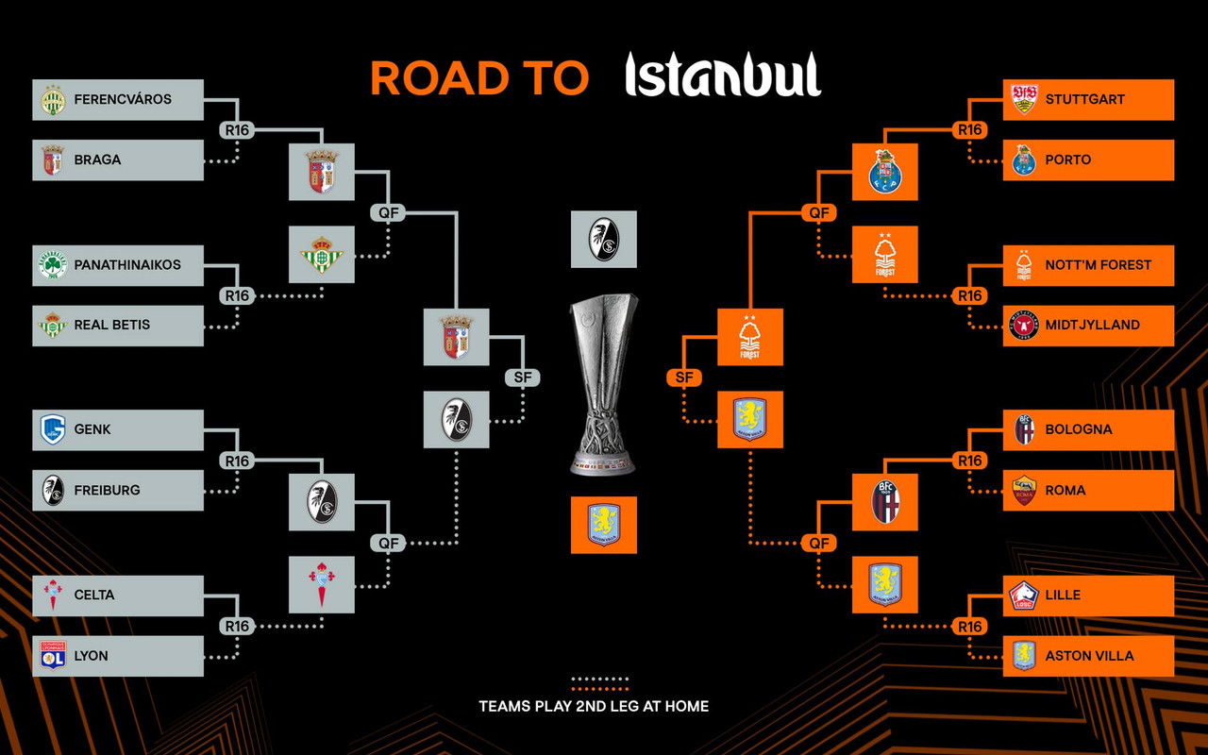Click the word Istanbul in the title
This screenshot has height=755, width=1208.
723,75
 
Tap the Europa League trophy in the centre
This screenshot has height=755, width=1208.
603,384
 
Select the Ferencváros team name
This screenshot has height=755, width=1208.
123,99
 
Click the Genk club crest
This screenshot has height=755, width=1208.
53,429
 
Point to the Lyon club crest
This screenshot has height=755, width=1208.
53,656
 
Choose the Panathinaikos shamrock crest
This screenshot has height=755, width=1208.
53,265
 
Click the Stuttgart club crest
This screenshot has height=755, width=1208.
1024,99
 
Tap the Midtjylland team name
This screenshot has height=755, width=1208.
1092,326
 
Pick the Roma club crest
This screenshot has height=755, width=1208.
1024,490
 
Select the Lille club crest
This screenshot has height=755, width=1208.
1024,596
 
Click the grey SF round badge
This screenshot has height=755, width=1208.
522,377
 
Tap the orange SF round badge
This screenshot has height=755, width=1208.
684,377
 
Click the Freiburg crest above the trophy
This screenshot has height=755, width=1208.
603,240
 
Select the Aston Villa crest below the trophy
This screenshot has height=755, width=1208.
603,525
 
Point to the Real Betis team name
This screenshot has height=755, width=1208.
112,326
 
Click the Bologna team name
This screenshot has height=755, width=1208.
1079,429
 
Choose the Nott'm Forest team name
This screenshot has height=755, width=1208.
1098,265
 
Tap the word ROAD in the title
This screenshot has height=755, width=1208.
440,78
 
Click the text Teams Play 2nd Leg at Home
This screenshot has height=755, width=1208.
594,707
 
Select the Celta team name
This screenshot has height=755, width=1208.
93,596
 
